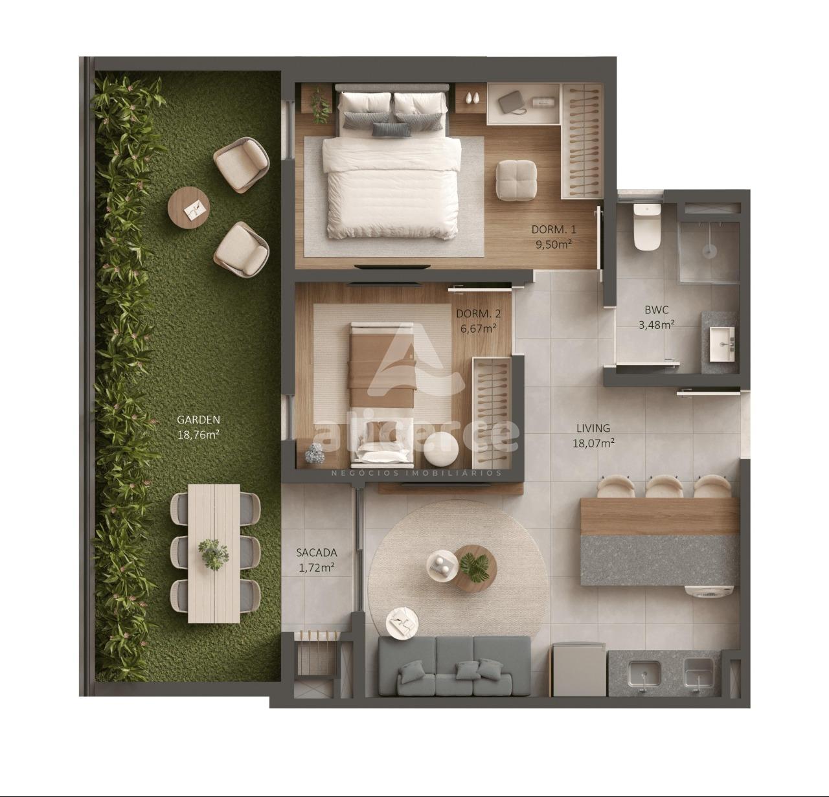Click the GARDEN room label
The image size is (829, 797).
point(199,420)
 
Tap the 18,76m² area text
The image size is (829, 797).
point(199,435)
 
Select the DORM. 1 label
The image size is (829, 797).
point(553,230)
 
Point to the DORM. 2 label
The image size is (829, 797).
point(479,314)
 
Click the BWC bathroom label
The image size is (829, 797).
point(657,309)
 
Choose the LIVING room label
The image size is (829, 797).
point(593,428)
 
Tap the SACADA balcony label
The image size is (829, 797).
point(317,552)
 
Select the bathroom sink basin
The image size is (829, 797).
point(722,344)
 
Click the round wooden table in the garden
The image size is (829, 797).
point(188,208)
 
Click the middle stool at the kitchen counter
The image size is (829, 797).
point(664,486)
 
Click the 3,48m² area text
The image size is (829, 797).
point(656,324)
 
